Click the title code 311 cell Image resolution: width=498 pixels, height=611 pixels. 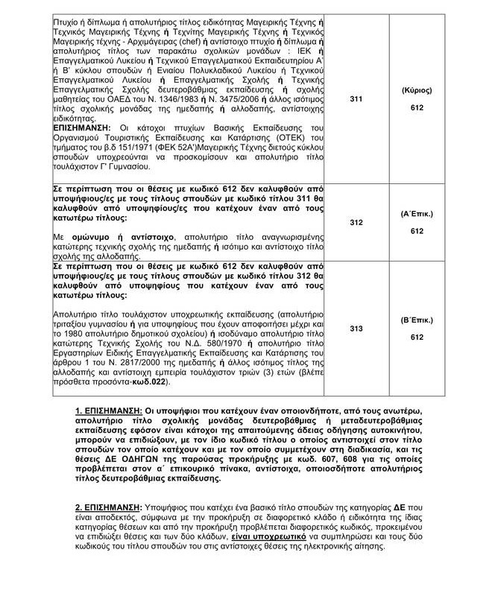pyautogui.click(x=356, y=97)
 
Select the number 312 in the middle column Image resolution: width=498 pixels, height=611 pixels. pyautogui.click(x=356, y=222)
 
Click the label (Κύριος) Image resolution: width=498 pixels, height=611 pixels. pyautogui.click(x=416, y=89)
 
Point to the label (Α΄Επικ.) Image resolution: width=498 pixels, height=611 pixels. pyautogui.click(x=416, y=214)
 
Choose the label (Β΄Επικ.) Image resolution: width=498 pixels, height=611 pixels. pyautogui.click(x=416, y=320)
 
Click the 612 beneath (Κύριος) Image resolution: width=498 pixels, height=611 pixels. pyautogui.click(x=416, y=108)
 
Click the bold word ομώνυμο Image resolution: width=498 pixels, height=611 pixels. pyautogui.click(x=81, y=236)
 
